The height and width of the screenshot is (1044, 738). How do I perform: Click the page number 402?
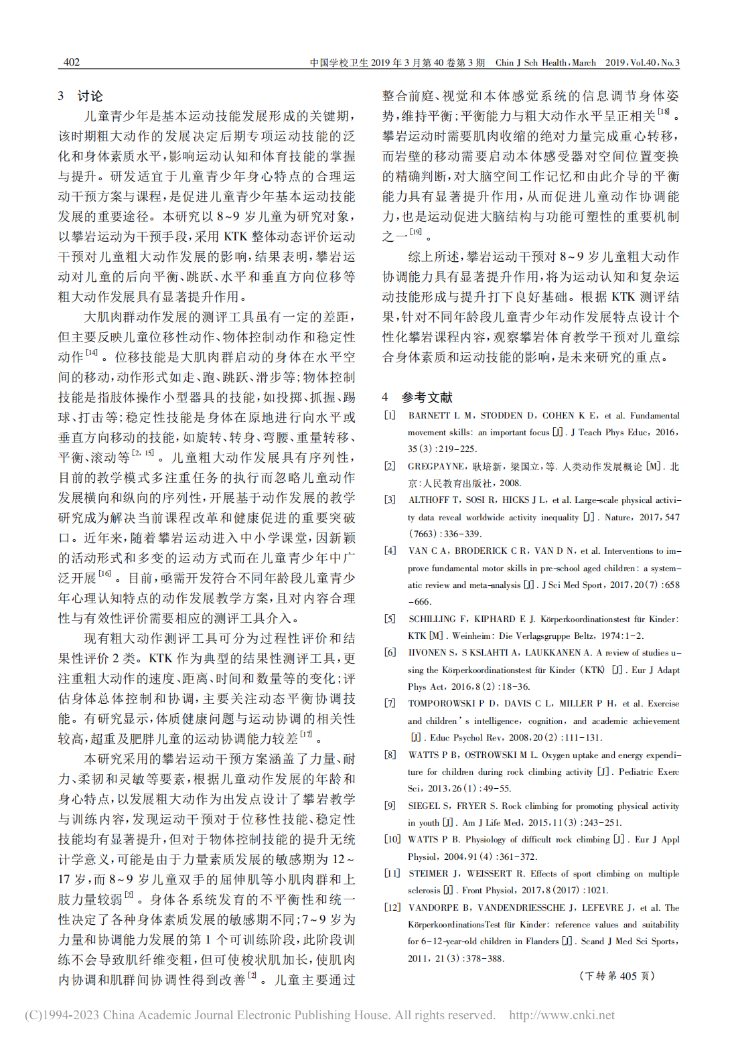[x=72, y=62]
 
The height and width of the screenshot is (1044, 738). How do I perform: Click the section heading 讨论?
[x=90, y=96]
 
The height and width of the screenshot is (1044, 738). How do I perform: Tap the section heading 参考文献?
[x=427, y=397]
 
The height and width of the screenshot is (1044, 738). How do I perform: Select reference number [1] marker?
[x=389, y=415]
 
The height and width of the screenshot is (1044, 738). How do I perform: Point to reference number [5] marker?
[x=389, y=619]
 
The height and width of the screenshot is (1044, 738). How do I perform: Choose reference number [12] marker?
[x=392, y=907]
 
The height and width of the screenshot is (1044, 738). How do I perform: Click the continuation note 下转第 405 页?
[x=616, y=976]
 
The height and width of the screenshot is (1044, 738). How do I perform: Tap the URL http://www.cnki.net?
[x=561, y=1015]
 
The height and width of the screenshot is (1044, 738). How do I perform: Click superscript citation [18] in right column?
[x=663, y=112]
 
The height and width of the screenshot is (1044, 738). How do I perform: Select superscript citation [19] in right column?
[x=416, y=232]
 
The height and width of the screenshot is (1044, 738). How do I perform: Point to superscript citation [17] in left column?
[x=306, y=735]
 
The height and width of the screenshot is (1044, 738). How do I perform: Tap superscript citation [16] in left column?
[x=105, y=573]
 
